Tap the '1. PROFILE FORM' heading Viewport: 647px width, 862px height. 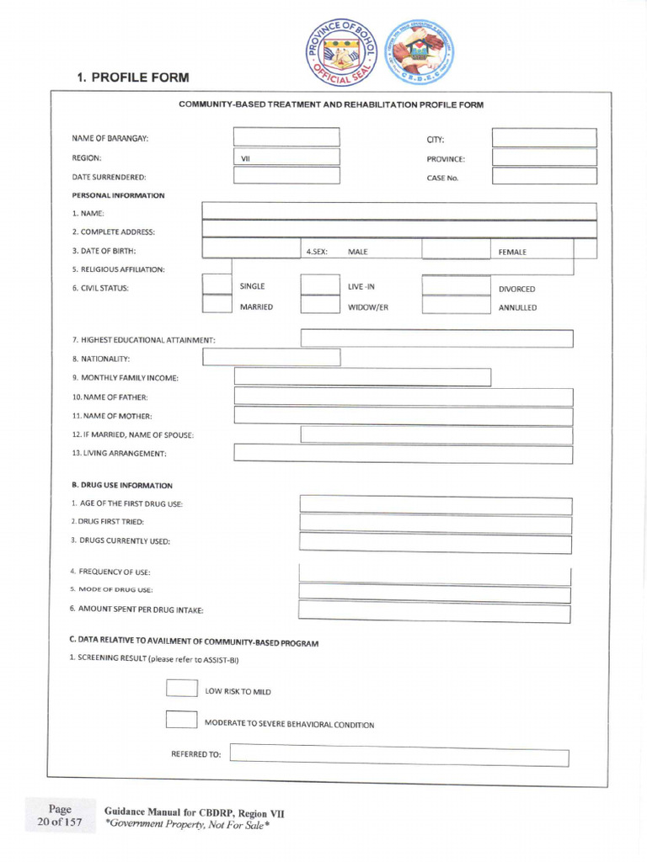132,77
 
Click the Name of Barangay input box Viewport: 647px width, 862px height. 286,137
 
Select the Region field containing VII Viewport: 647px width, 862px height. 286,157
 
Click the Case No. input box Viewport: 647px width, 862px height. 544,177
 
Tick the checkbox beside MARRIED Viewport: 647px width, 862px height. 217,305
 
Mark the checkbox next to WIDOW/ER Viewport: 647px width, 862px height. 319,305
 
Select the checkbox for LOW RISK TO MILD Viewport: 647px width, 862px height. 181,689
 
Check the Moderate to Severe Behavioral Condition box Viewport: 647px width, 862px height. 181,720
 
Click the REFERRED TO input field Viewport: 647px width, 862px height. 398,755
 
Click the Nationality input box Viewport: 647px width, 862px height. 271,358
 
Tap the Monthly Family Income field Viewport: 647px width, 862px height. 362,377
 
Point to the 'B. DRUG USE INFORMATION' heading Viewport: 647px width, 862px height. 122,486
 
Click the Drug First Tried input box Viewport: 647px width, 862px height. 436,524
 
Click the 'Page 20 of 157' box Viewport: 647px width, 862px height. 60,816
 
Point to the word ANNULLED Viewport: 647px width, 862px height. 517,308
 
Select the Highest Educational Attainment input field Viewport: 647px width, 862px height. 436,338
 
